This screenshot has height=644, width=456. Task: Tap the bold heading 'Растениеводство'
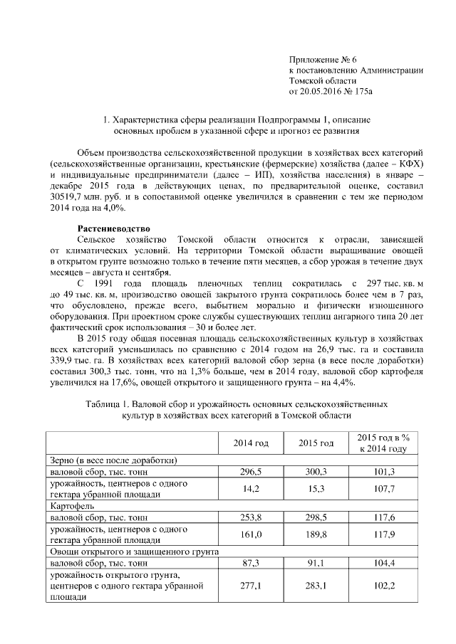(112, 228)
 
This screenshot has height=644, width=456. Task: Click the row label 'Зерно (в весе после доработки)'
(113, 460)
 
